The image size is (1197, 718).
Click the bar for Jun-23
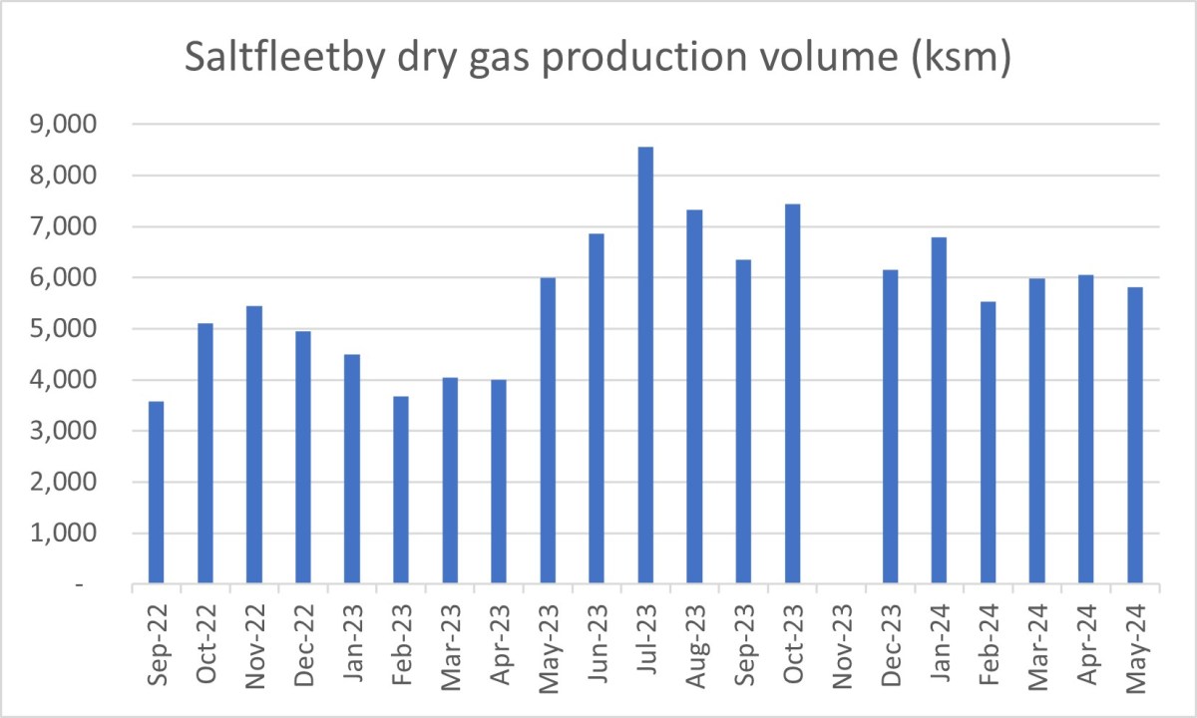pos(597,408)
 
